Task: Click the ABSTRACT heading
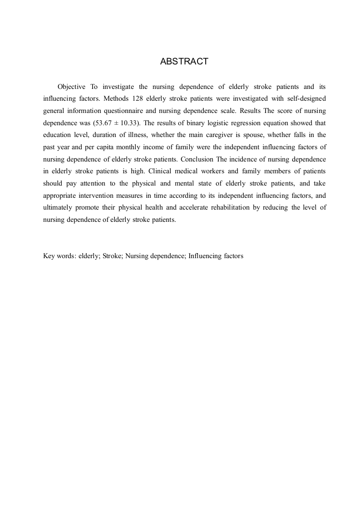[184, 62]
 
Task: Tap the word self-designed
[306, 98]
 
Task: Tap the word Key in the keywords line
[49, 256]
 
